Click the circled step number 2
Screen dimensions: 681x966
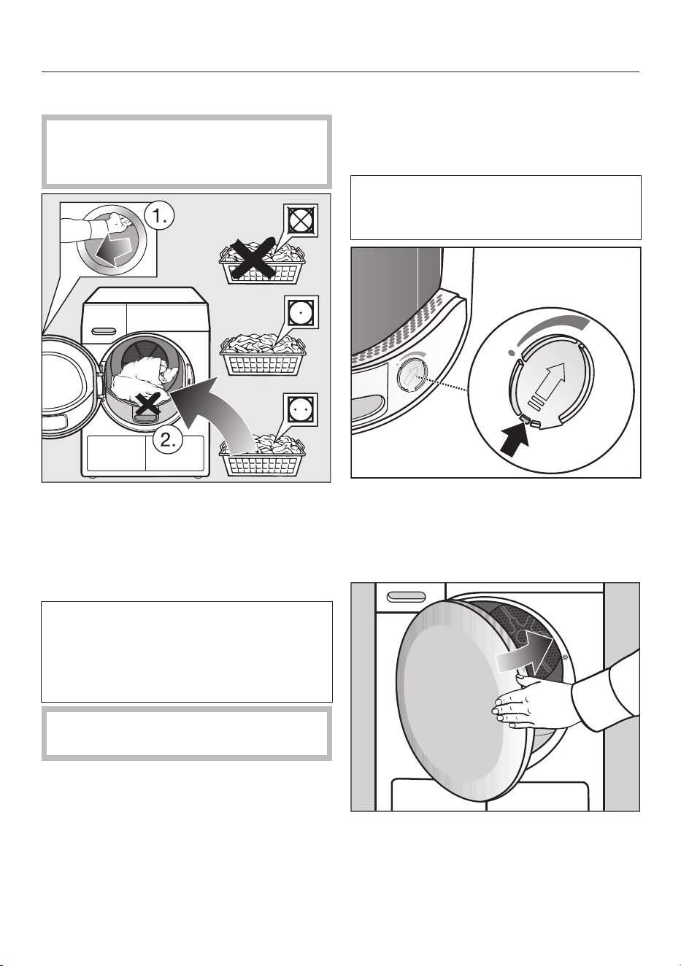coord(168,440)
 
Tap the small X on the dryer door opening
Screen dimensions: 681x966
coord(148,404)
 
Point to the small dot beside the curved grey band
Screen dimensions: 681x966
coord(512,352)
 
